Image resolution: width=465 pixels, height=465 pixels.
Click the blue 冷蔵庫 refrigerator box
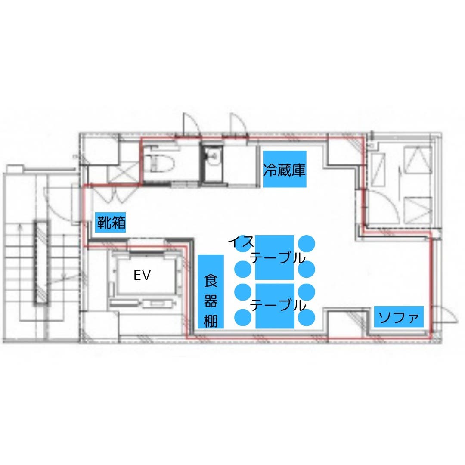point(285,169)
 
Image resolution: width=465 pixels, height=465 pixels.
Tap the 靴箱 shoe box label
point(111,223)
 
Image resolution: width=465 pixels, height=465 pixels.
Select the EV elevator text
point(142,276)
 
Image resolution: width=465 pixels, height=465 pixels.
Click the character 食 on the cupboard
point(211,281)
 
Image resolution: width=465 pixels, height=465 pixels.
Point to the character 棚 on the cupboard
point(211,321)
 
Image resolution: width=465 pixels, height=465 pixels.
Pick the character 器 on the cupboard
point(211,301)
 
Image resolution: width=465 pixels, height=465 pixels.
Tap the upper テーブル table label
point(278,258)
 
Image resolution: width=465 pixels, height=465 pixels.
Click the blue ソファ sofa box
point(399,316)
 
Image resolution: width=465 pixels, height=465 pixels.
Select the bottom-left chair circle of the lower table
point(243,317)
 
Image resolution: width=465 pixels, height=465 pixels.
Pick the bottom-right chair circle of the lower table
point(307,317)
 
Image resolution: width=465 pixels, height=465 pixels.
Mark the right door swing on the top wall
point(238,124)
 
